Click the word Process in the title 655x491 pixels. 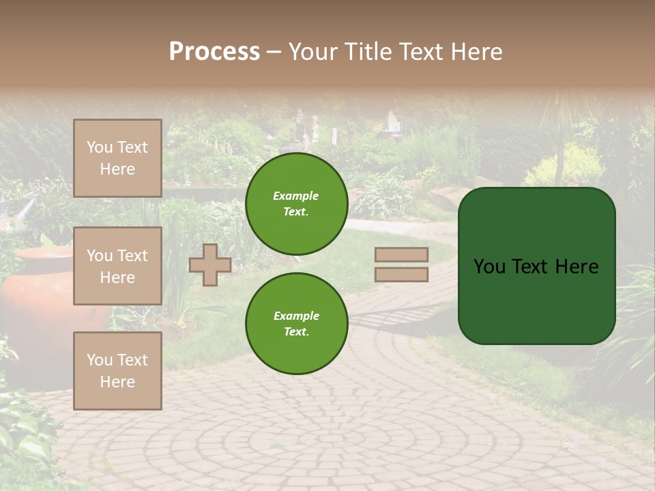(x=214, y=52)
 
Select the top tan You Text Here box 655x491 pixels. (x=117, y=158)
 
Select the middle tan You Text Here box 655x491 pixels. (x=117, y=266)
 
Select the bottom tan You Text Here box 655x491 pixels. (x=117, y=370)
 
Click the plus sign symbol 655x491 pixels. (x=210, y=265)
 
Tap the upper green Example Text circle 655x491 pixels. (x=296, y=204)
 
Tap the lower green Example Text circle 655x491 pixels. (x=296, y=323)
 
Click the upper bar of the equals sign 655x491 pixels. (x=401, y=254)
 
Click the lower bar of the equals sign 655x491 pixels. (x=401, y=274)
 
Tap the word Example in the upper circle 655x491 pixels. (x=296, y=196)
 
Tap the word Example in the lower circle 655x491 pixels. (x=296, y=316)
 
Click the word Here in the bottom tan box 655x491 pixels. (x=117, y=382)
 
